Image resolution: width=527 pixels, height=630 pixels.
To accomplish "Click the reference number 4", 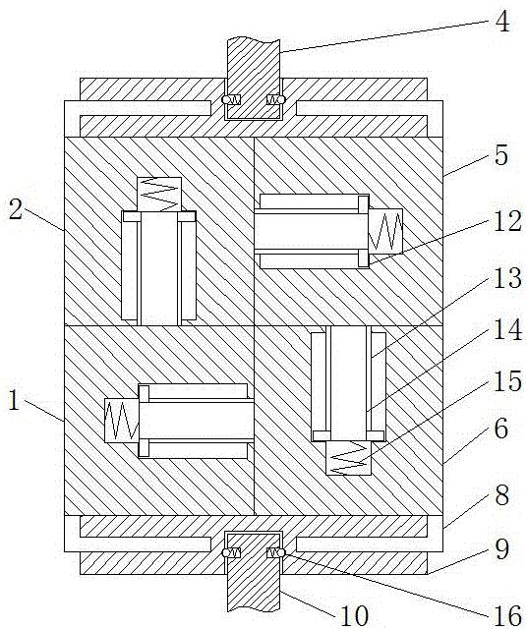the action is click(x=502, y=22).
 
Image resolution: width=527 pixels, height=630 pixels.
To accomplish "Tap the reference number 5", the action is click(x=501, y=155).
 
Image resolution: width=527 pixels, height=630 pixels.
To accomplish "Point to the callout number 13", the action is click(x=507, y=277).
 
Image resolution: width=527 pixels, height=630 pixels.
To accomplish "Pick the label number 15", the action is click(x=507, y=380).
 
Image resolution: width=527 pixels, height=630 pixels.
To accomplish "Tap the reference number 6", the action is click(x=501, y=429).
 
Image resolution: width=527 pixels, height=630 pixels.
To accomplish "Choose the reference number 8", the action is click(x=502, y=494).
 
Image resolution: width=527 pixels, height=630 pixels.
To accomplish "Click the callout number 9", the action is click(x=502, y=548).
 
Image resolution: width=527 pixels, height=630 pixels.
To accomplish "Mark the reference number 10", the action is click(x=354, y=614).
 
